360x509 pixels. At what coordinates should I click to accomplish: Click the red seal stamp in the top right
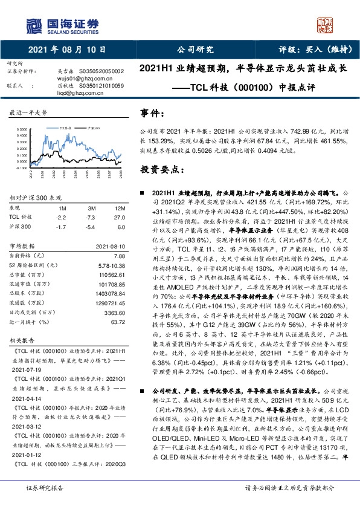326,24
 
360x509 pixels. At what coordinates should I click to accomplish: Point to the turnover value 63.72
117,323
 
